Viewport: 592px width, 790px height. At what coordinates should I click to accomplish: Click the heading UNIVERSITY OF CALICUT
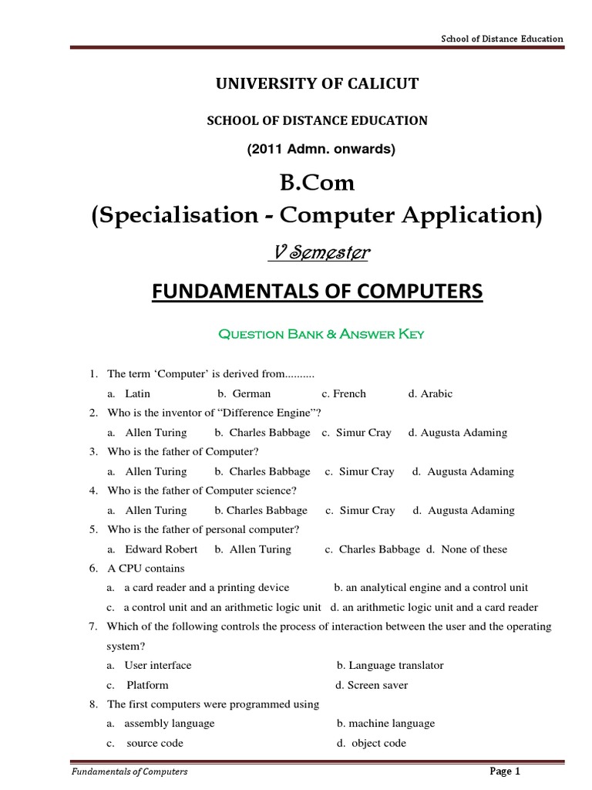point(317,84)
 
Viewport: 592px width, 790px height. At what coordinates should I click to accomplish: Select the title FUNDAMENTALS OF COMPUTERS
point(316,292)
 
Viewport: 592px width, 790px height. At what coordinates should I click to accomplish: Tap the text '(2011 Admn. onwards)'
point(321,150)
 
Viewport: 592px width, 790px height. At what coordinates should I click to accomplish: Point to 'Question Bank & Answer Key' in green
point(321,335)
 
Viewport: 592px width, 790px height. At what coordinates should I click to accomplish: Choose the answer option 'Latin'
point(137,393)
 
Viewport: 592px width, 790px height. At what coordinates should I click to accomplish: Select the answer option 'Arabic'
point(436,393)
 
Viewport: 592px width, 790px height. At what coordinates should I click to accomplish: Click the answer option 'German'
point(251,393)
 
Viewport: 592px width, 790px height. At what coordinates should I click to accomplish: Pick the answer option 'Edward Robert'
point(161,549)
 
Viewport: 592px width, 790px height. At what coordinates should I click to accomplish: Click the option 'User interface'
point(157,665)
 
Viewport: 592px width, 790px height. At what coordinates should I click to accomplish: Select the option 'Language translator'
point(395,665)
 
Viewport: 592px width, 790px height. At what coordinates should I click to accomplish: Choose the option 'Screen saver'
point(377,685)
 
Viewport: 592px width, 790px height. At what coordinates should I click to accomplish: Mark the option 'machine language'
point(391,724)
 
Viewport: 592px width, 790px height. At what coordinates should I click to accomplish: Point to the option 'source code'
point(154,743)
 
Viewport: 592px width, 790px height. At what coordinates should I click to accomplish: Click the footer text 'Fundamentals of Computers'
point(129,771)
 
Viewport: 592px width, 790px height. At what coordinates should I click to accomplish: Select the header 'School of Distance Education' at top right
point(502,39)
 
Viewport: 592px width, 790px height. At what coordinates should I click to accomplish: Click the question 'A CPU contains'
point(146,569)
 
